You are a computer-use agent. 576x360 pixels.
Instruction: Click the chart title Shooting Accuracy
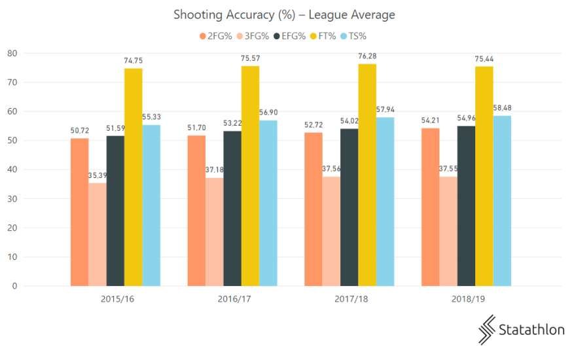284,14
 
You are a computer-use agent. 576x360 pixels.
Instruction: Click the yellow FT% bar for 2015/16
134,177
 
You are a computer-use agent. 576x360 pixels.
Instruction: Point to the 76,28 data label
367,56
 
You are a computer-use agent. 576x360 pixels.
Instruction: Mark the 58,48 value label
502,108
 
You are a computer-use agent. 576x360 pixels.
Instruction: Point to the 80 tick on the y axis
12,53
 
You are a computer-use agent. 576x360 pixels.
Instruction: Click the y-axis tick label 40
12,170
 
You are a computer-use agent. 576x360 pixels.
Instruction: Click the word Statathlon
531,329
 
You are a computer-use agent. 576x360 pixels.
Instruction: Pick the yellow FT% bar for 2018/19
484,176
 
